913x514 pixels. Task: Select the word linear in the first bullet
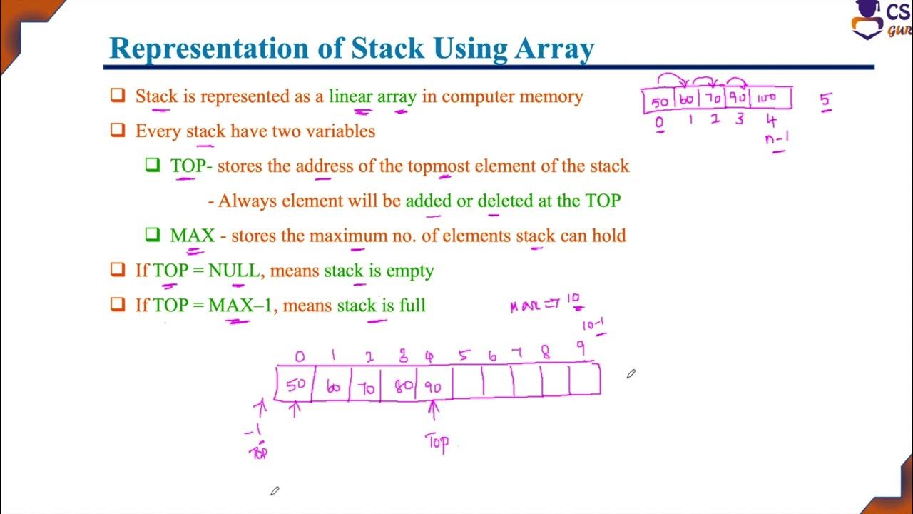point(350,96)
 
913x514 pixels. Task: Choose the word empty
point(409,271)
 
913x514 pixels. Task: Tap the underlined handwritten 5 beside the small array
point(825,101)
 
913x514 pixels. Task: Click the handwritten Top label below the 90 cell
point(437,443)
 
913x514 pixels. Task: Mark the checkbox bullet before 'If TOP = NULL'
point(118,271)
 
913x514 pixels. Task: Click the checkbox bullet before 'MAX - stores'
point(153,235)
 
